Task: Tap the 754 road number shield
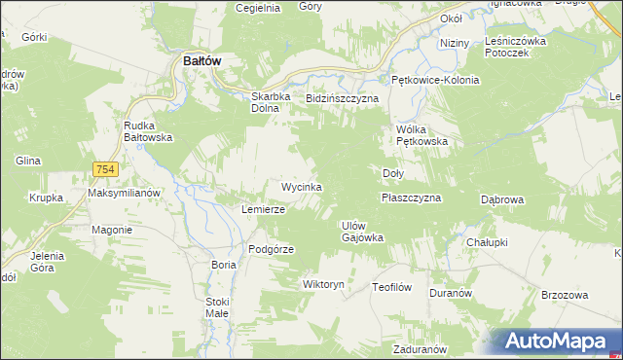(x=107, y=169)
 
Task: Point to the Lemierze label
(x=263, y=209)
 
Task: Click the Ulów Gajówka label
(x=362, y=232)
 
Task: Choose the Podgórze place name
(x=271, y=249)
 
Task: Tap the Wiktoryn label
(x=324, y=285)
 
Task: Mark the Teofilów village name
(x=393, y=287)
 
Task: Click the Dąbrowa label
(x=503, y=198)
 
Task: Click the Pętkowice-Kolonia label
(x=435, y=80)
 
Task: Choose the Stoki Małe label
(x=217, y=307)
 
